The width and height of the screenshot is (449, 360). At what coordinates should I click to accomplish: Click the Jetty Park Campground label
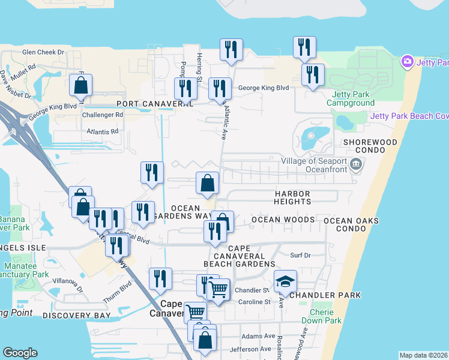[x=351, y=98]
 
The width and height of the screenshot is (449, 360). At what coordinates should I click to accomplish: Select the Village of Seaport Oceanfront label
[x=314, y=165]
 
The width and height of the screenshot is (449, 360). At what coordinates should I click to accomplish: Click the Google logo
[x=20, y=352]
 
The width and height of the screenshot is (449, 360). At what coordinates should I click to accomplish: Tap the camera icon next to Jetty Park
[x=408, y=62]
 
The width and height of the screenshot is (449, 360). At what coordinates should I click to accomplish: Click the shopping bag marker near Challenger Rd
[x=81, y=85]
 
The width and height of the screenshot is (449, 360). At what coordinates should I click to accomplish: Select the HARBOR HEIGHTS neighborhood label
[x=293, y=198]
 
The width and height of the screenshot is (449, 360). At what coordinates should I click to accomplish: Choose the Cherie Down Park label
[x=326, y=316]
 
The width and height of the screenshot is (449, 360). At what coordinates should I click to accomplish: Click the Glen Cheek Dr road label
[x=43, y=52]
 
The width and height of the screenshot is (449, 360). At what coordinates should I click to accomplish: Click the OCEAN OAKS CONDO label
[x=351, y=225]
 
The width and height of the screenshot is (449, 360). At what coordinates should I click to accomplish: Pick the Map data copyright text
[x=423, y=355]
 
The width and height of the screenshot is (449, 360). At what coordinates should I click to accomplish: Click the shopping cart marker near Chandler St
[x=218, y=289]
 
